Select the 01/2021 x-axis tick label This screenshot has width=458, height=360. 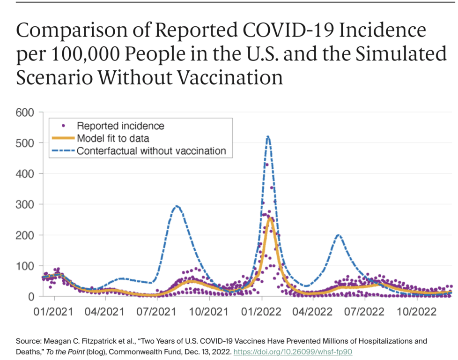pyautogui.click(x=54, y=311)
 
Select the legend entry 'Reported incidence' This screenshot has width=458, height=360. pyautogui.click(x=120, y=126)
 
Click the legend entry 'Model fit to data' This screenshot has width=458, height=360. pyautogui.click(x=113, y=138)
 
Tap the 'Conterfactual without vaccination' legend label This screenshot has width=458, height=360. pyautogui.click(x=151, y=151)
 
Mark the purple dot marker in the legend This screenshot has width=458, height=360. pyautogui.click(x=63, y=126)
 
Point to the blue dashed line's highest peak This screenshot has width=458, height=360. pyautogui.click(x=267, y=137)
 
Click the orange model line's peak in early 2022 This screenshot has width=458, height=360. pyautogui.click(x=270, y=218)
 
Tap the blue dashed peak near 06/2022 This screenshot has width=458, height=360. pyautogui.click(x=338, y=235)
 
